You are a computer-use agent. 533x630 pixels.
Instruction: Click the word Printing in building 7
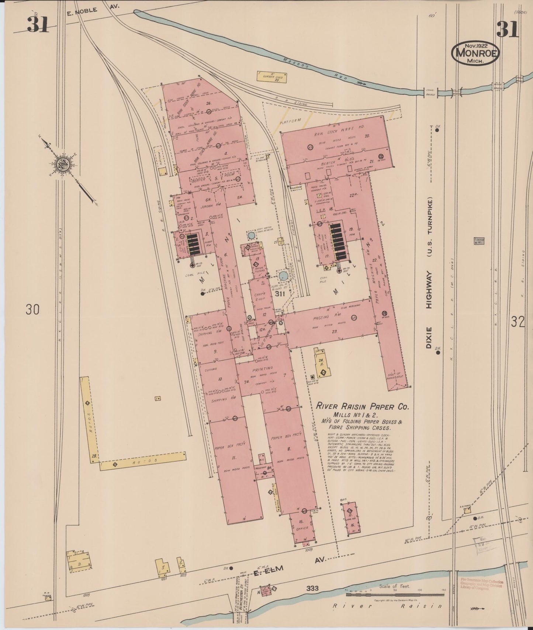[x=262, y=368]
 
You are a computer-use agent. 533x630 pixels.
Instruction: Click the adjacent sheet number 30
[x=32, y=310]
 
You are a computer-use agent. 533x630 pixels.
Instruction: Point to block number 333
[x=312, y=588]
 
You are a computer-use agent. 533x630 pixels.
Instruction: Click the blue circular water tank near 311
[x=283, y=276]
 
